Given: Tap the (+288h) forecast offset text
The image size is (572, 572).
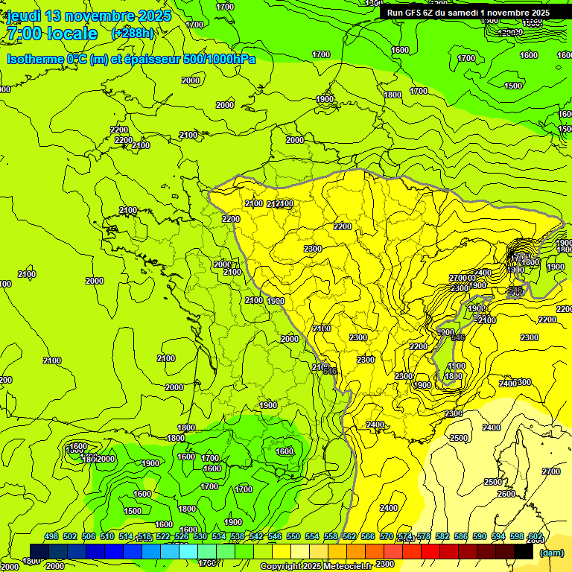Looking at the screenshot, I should click(x=133, y=34).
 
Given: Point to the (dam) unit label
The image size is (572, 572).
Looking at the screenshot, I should click(x=550, y=553).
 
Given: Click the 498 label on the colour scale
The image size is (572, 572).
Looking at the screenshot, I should click(x=51, y=537).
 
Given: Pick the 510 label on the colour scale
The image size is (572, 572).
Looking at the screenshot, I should click(x=107, y=537).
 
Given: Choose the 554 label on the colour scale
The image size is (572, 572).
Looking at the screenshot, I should click(x=312, y=537).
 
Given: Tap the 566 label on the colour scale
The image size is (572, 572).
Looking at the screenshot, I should click(x=368, y=537).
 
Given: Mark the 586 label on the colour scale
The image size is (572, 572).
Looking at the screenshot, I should click(x=461, y=537).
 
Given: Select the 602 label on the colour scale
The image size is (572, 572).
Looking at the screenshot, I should click(x=535, y=537).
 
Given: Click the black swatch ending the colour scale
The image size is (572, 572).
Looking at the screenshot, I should click(x=524, y=552).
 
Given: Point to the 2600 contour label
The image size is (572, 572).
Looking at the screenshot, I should click(x=506, y=494).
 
